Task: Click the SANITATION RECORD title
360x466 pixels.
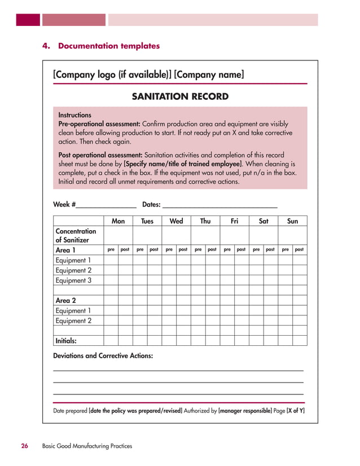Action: (x=180, y=96)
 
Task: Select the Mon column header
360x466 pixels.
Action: (x=118, y=221)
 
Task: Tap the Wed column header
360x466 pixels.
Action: (x=177, y=221)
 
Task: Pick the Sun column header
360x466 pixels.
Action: (x=292, y=221)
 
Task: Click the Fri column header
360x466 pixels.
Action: (x=234, y=221)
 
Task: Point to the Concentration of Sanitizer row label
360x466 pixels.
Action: (x=76, y=235)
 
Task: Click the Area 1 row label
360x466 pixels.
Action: (x=65, y=250)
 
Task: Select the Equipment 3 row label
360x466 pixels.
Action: (x=73, y=280)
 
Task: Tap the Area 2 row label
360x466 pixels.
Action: (x=65, y=301)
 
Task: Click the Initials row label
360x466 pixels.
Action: (x=66, y=341)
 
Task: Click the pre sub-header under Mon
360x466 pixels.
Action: (x=111, y=249)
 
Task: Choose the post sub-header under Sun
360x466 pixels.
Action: (x=300, y=249)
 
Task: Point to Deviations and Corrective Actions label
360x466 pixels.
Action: (x=103, y=356)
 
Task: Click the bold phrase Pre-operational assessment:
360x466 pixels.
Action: (x=99, y=124)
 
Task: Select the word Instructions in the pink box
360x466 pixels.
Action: (x=75, y=115)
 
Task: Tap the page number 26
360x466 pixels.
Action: (x=25, y=446)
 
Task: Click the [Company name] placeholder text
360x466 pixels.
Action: (x=209, y=74)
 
